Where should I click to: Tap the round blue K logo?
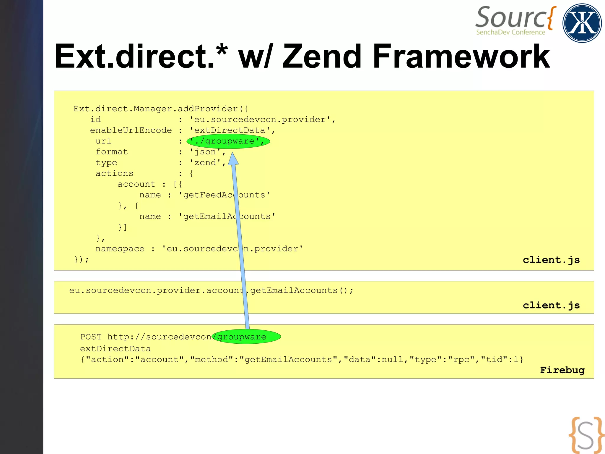tap(582, 23)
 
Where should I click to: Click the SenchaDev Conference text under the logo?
tap(510, 32)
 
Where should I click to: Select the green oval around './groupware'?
tap(228, 141)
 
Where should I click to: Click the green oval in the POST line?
tap(246, 337)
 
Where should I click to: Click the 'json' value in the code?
tap(205, 152)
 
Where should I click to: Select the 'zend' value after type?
tap(206, 163)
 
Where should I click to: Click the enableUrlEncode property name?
tap(131, 130)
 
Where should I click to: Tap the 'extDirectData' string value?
tap(230, 130)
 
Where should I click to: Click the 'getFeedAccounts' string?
tap(224, 195)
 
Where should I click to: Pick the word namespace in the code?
tap(120, 249)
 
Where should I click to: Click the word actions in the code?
tap(114, 173)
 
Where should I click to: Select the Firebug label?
tap(562, 370)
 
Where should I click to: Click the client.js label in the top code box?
tap(551, 260)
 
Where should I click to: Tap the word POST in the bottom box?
tap(91, 337)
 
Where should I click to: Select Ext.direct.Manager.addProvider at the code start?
tap(155, 109)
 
